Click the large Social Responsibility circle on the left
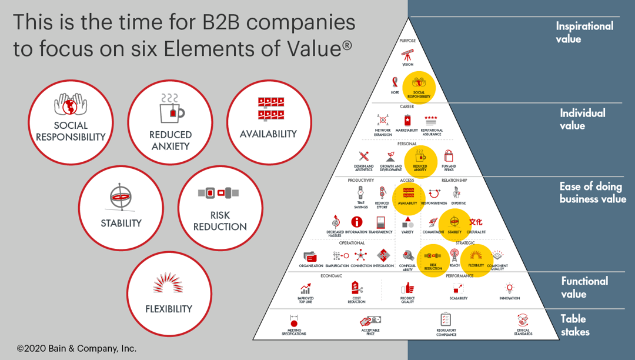point(71,122)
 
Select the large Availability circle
point(268,122)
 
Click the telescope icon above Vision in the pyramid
point(407,55)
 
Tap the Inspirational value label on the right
point(584,32)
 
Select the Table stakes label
point(574,325)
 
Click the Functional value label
point(584,287)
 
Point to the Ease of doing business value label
point(592,192)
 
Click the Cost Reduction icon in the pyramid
point(356,288)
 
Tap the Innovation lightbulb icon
point(510,288)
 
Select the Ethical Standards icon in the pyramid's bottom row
point(523,321)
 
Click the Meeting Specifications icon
point(294,321)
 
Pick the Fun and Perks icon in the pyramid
point(449,156)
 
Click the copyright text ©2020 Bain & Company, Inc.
point(76,348)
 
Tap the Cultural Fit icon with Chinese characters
point(476,222)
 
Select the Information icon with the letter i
point(356,222)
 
